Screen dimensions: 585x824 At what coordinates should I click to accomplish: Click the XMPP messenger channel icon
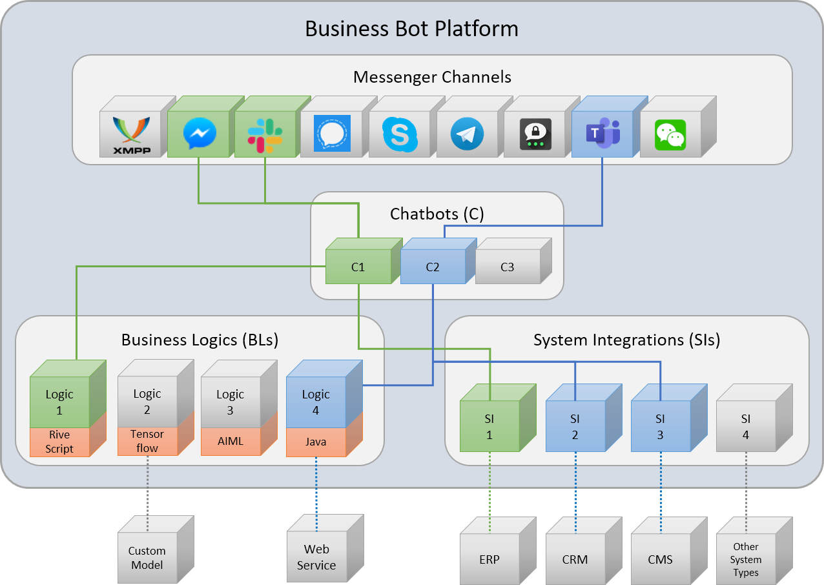pos(131,134)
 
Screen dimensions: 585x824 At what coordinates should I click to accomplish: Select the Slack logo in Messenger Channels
pos(265,134)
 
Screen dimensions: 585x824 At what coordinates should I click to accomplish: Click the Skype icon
pos(400,134)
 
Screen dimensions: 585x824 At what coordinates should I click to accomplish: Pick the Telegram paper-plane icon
pos(467,134)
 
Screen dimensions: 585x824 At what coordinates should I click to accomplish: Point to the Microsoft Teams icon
pos(603,133)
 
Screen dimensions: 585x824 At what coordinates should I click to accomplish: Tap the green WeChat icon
pos(670,134)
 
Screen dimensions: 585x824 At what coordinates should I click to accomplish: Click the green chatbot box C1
pos(358,266)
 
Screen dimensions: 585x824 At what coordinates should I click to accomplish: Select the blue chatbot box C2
pos(433,266)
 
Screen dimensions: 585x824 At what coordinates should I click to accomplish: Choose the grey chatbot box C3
pos(508,266)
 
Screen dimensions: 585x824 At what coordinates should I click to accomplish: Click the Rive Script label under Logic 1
pos(59,442)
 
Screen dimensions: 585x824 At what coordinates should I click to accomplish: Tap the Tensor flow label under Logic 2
pos(147,441)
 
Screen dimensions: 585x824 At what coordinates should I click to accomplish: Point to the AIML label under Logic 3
pos(231,441)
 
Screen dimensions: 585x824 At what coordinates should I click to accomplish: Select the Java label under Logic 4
pos(316,442)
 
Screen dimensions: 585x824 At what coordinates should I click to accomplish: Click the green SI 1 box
pos(489,426)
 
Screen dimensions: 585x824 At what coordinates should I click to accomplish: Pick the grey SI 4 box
pos(746,426)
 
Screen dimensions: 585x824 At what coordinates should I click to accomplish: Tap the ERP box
pos(489,559)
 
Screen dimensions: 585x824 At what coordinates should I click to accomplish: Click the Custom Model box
pos(147,558)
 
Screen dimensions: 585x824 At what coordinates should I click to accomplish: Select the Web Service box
pos(316,557)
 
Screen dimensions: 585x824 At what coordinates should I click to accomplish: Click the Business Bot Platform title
pos(411,29)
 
